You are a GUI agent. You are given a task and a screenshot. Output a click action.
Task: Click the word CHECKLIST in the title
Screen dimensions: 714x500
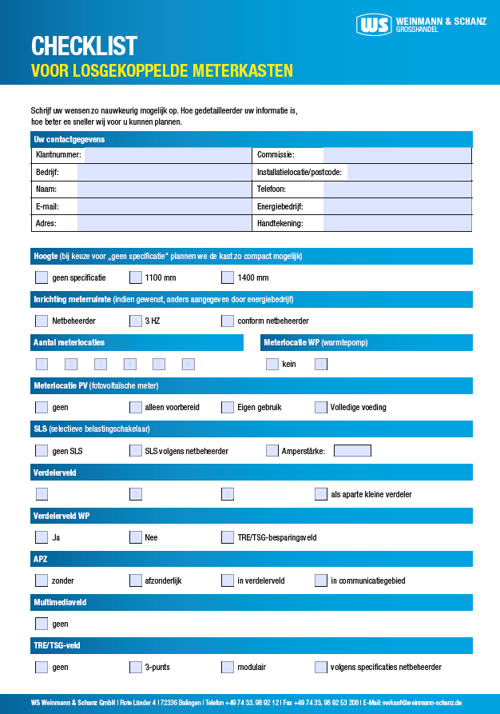[x=84, y=46]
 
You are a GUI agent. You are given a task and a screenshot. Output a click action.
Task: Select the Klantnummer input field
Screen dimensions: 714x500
[x=167, y=155]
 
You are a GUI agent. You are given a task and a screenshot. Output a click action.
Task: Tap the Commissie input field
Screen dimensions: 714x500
[x=396, y=155]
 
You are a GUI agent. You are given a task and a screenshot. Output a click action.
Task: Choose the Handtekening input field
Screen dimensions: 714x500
[x=396, y=224]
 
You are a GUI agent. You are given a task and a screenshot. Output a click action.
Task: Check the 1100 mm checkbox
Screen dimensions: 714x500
[x=136, y=278]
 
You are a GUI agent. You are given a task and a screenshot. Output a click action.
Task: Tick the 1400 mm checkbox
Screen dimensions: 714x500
[x=228, y=278]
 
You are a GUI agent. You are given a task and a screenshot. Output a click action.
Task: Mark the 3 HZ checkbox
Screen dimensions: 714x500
[x=136, y=321]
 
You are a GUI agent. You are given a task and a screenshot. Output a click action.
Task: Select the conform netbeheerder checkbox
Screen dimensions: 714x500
[x=228, y=321]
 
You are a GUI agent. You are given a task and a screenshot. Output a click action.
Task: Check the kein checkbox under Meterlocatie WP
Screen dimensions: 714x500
[x=272, y=365]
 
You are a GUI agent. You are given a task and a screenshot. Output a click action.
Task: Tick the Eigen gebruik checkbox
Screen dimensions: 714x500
[x=228, y=407]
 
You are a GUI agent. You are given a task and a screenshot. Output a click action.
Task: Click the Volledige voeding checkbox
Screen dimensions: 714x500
[x=321, y=407]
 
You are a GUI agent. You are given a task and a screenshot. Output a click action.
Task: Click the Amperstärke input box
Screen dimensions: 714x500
[x=352, y=451]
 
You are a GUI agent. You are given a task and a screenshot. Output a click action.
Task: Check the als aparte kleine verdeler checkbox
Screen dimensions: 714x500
[x=321, y=494]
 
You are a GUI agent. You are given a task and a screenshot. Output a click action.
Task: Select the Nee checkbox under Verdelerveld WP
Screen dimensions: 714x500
[x=136, y=537]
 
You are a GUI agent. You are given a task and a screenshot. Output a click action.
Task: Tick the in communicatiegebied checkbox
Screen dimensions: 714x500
[x=321, y=580]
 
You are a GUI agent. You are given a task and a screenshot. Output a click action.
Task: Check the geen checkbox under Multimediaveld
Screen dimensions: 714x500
[x=42, y=624]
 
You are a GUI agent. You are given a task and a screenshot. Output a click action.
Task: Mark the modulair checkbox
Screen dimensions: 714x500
[x=228, y=667]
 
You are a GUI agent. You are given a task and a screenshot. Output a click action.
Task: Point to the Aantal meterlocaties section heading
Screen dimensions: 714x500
[x=69, y=343]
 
